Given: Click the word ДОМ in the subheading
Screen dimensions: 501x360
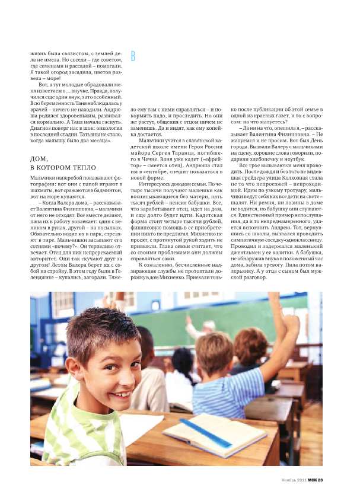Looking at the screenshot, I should click(x=40, y=159).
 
